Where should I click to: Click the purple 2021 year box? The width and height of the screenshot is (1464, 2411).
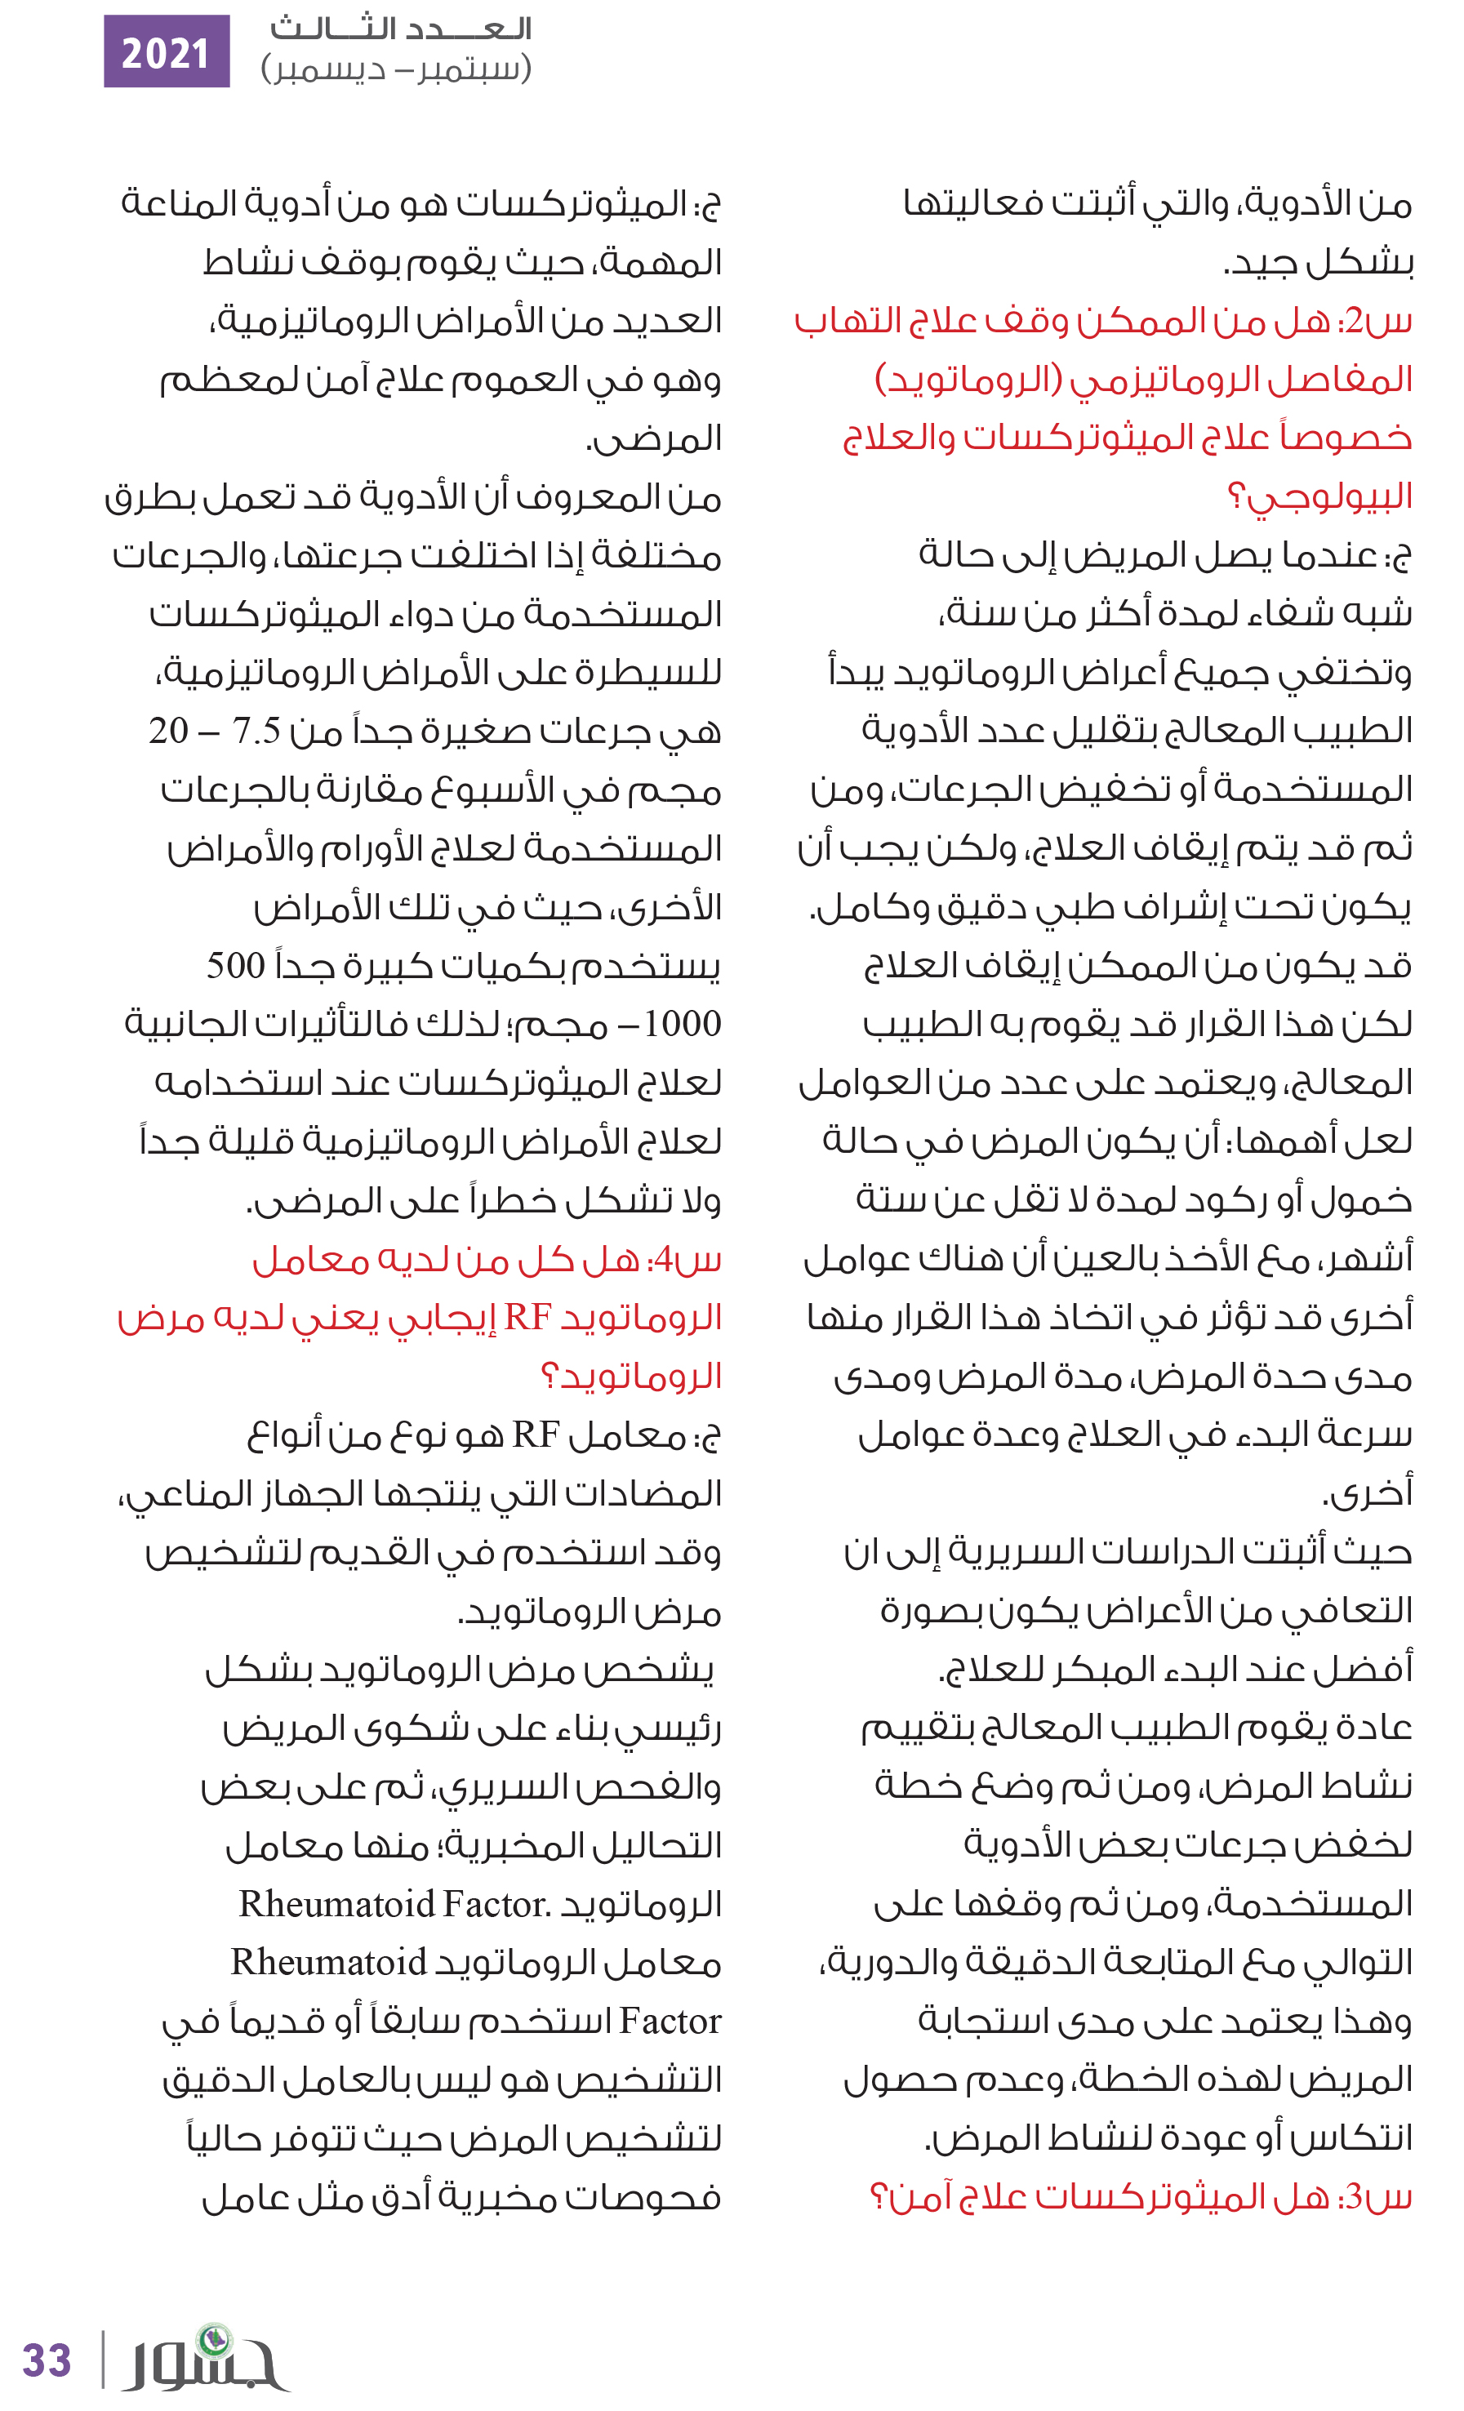click(x=167, y=52)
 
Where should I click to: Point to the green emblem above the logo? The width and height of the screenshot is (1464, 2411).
click(x=214, y=2338)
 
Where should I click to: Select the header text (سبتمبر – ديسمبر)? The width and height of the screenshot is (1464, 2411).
click(x=396, y=69)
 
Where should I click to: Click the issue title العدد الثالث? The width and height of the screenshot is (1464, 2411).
click(x=401, y=29)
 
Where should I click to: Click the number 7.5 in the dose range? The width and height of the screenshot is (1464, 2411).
click(x=256, y=730)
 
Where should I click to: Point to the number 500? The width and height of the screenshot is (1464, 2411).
click(x=235, y=966)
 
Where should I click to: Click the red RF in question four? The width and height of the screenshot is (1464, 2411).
click(x=528, y=1317)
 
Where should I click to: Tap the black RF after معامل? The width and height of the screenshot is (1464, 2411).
click(x=536, y=1435)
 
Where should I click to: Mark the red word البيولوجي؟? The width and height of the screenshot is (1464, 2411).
click(x=1320, y=496)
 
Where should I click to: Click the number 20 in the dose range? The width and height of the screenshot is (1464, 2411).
click(x=168, y=730)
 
